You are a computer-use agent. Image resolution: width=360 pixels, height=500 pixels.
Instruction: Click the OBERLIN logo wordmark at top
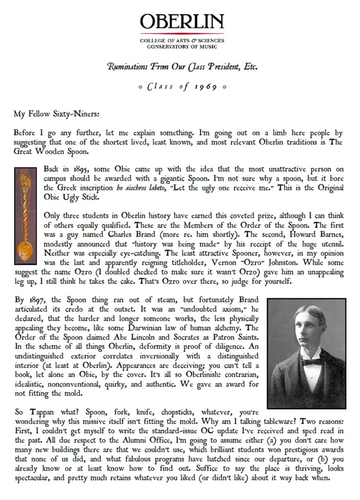(x=182, y=22)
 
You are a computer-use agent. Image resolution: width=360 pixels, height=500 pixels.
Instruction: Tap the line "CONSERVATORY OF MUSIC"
(x=182, y=46)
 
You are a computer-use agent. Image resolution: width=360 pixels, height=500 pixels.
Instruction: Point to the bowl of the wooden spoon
(x=24, y=249)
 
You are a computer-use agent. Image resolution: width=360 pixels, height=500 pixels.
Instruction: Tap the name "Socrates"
(x=174, y=337)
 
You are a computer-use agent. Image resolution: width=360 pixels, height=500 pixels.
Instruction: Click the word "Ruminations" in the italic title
(x=131, y=67)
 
